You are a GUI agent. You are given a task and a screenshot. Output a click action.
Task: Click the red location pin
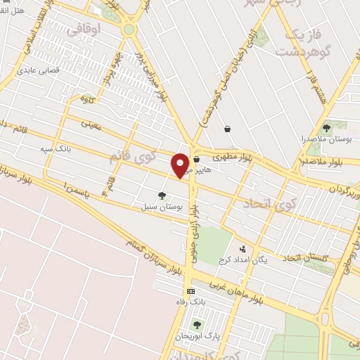coord(180,164)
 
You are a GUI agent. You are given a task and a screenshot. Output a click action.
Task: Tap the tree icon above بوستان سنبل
coord(162,196)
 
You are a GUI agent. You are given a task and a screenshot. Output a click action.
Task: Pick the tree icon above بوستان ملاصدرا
coord(326,127)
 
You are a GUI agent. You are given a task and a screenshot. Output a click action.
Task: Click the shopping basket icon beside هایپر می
coord(196,160)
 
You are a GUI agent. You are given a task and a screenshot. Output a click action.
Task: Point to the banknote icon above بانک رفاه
coord(190,291)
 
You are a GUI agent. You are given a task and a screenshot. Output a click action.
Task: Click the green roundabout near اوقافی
coord(129,30)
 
